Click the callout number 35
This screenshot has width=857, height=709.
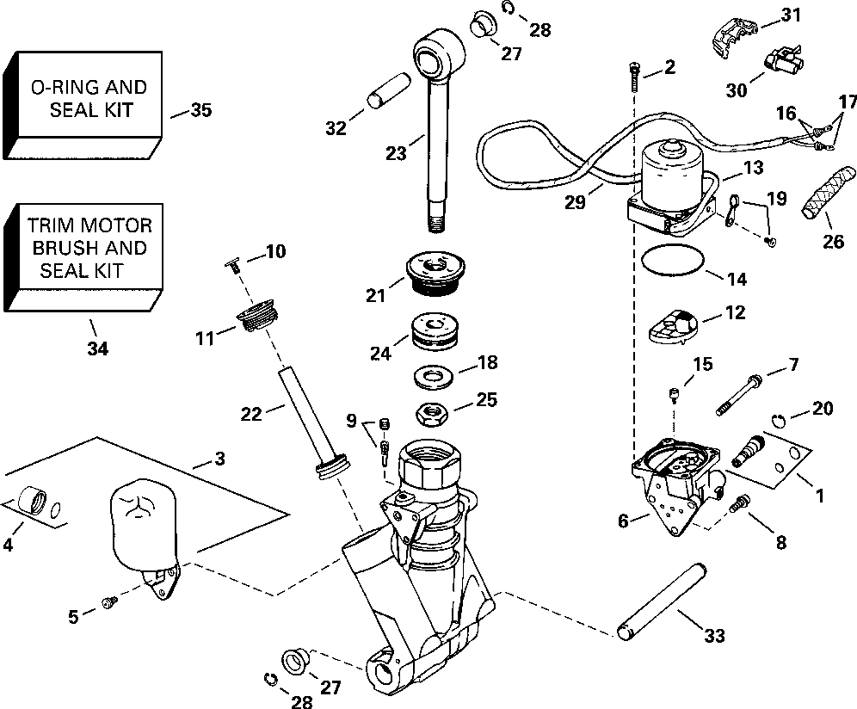[x=200, y=110]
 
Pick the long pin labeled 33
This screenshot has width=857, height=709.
[x=663, y=601]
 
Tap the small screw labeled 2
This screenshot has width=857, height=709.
[x=634, y=78]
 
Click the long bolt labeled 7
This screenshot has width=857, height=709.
[x=739, y=394]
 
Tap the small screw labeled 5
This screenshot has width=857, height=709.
[x=109, y=601]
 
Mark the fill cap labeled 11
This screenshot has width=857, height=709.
[x=258, y=314]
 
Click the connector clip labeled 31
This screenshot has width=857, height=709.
[x=734, y=35]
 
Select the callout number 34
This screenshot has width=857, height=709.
[x=98, y=348]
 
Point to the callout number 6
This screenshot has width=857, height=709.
[x=623, y=521]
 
